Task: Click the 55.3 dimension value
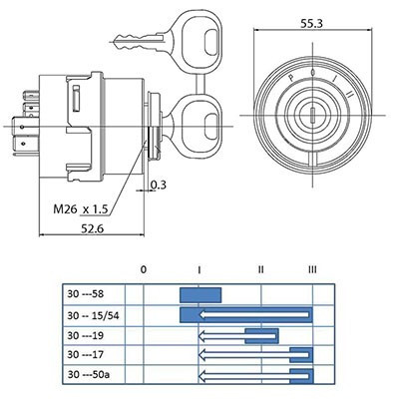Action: [x=311, y=24]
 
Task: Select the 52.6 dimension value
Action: [x=93, y=228]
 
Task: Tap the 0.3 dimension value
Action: [x=158, y=185]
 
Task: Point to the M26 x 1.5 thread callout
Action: [x=81, y=209]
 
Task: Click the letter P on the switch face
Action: [x=291, y=79]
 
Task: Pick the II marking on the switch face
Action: [x=350, y=94]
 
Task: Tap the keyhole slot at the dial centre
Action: [x=312, y=116]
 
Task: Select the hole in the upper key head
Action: [x=210, y=42]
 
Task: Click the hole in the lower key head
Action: [x=210, y=126]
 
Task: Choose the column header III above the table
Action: [x=312, y=269]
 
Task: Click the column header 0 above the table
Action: [x=144, y=269]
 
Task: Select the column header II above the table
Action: [x=260, y=269]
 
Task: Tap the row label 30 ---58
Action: [x=86, y=294]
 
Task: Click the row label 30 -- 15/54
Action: [x=93, y=315]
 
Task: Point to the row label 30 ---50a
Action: [x=88, y=375]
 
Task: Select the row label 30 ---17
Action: [x=85, y=354]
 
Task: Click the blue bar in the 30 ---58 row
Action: [x=200, y=295]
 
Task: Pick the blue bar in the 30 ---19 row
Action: [x=261, y=336]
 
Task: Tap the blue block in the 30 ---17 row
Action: [x=301, y=355]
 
